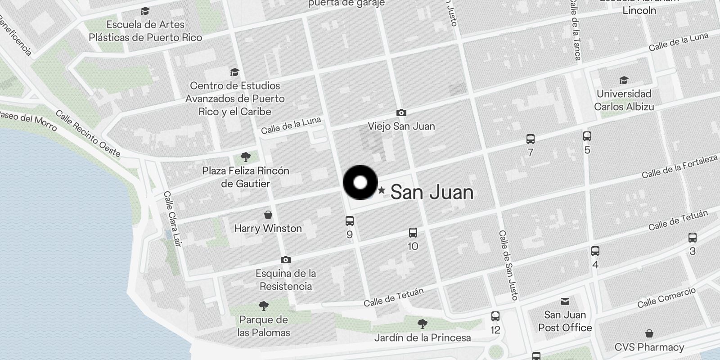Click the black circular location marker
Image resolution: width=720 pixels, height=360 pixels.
point(360,183)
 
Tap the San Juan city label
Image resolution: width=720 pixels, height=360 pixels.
point(432,193)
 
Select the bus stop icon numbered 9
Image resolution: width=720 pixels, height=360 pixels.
point(350,221)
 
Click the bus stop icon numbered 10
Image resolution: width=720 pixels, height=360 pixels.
point(413,233)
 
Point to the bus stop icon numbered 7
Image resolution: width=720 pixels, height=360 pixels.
point(531,139)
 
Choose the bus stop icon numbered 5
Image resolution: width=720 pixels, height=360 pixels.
point(587,136)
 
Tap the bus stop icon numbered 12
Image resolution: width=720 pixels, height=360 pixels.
point(495,316)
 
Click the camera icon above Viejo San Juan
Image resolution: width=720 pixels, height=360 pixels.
point(401,113)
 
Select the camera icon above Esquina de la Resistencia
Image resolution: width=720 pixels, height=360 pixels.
point(285,260)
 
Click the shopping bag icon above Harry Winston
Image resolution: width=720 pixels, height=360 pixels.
point(268,215)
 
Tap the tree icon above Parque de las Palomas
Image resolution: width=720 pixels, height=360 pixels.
point(264,306)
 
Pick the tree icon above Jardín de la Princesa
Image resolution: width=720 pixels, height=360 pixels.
point(422,324)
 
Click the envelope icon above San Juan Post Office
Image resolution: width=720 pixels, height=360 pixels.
point(565,301)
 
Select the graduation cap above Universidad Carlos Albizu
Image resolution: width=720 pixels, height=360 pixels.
point(624,81)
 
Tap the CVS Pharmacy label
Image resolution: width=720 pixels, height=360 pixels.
point(649,347)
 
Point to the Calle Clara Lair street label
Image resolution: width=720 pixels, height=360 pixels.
point(172,219)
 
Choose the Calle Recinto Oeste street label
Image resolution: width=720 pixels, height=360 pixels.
point(88,134)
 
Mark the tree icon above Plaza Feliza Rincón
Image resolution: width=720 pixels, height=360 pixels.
point(246,157)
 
